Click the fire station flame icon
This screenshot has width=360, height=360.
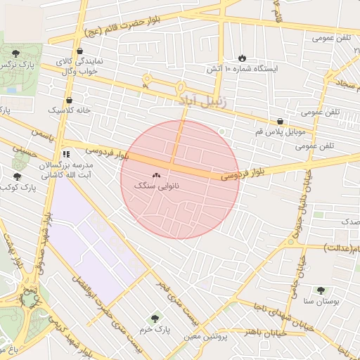coord(243,58)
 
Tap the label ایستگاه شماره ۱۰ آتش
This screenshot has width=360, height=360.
coord(242,69)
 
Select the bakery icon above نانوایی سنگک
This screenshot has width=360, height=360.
coord(155,176)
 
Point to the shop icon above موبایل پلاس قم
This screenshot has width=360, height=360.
coord(281,121)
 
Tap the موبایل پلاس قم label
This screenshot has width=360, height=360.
coord(280,132)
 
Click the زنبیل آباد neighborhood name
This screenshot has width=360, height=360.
coord(200,101)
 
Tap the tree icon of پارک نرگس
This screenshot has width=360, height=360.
coord(16,53)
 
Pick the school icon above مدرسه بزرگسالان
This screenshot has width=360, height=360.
coord(66,153)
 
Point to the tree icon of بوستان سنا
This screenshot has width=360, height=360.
coord(321,290)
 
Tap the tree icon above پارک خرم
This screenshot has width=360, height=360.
coord(155,318)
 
